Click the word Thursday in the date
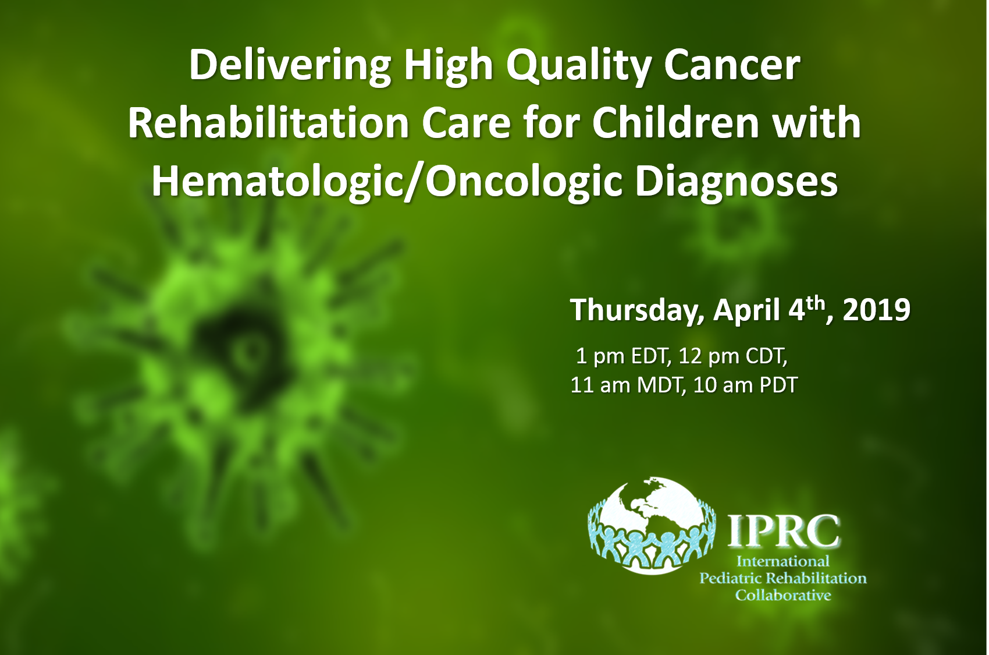click(x=636, y=311)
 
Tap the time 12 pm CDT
click(x=732, y=357)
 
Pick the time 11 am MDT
click(x=627, y=385)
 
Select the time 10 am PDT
click(x=745, y=385)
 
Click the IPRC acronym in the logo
click(x=783, y=531)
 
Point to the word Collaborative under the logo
click(x=783, y=596)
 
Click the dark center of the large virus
click(x=241, y=347)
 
